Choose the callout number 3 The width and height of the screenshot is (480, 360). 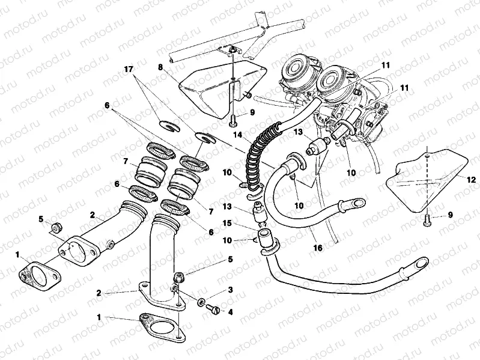click(229, 290)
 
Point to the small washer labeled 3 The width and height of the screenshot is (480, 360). click(201, 299)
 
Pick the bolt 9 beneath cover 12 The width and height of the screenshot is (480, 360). click(427, 220)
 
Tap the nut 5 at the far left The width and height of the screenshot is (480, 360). click(54, 227)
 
